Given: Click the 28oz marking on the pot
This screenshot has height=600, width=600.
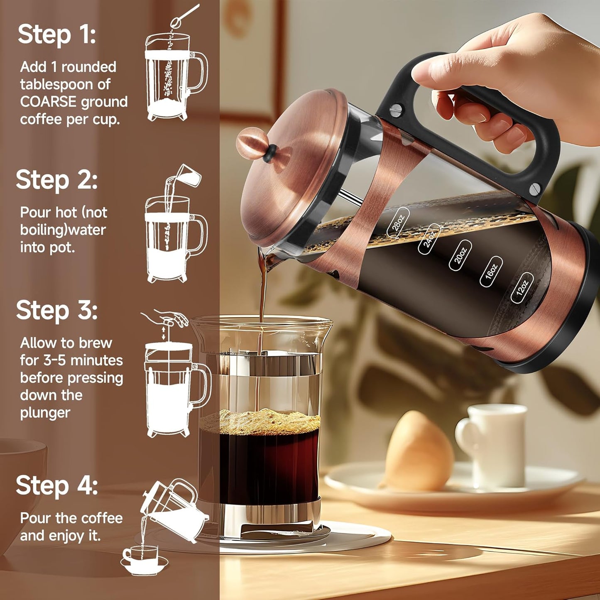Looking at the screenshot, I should [398, 223].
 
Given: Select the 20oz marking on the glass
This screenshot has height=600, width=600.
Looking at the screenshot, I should [460, 255].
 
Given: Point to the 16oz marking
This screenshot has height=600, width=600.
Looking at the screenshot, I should [491, 272].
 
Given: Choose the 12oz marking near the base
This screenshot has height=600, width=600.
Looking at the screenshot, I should [522, 288].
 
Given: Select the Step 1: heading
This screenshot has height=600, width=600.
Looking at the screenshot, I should [57, 34].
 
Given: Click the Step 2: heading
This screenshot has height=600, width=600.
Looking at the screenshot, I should [57, 180].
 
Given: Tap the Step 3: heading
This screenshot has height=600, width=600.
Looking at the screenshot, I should [57, 310].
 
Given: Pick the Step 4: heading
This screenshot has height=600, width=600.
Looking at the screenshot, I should [57, 485].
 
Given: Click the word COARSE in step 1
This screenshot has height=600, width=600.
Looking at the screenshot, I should [48, 102].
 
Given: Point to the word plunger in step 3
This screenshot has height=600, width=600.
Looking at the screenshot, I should [45, 413].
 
